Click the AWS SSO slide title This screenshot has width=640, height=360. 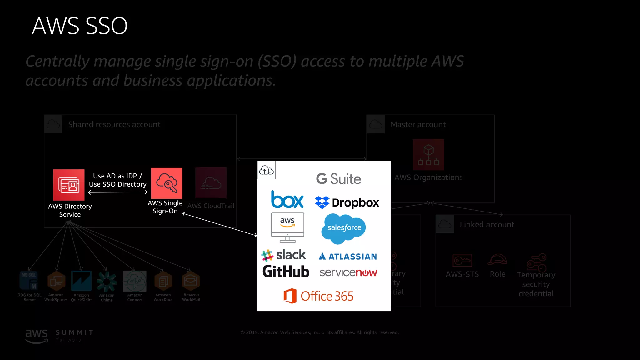80,26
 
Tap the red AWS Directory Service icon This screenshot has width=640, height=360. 69,185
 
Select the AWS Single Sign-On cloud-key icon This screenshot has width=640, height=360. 167,183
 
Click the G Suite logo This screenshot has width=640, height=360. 338,179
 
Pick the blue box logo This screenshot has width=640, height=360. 287,200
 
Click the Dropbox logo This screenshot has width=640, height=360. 347,203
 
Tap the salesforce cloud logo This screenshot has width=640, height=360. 344,228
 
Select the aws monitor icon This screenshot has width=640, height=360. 287,227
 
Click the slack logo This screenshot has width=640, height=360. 284,255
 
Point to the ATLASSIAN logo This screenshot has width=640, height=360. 348,257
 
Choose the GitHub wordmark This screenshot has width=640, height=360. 286,272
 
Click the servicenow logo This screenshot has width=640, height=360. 348,273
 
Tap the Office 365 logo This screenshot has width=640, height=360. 318,296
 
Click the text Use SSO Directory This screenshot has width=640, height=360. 117,184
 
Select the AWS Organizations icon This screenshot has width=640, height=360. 428,155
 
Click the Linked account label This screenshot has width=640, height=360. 487,225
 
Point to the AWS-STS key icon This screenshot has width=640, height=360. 462,260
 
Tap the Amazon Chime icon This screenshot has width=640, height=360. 107,281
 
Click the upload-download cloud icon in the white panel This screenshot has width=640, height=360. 266,170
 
